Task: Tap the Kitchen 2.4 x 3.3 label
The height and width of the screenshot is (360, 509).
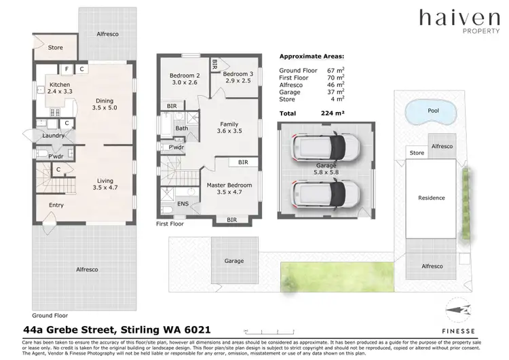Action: coord(60,89)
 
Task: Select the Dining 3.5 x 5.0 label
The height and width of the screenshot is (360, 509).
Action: coord(105,103)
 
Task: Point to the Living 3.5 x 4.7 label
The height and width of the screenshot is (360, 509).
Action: coord(105,183)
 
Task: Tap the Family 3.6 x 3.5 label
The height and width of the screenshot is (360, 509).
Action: coord(229,128)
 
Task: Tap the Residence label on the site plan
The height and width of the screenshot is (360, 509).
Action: coord(432,198)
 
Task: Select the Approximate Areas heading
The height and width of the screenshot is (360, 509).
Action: coord(312,57)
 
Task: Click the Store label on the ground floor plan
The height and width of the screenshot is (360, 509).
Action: coord(55,48)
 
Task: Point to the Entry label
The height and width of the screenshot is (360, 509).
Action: coord(56,204)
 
